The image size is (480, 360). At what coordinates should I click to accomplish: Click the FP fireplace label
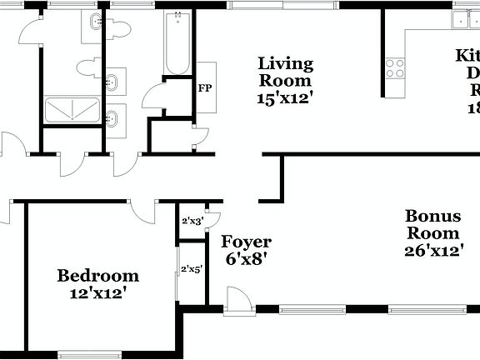pyautogui.click(x=203, y=86)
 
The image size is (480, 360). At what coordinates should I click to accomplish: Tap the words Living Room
pyautogui.click(x=285, y=72)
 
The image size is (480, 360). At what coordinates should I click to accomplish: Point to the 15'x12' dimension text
pyautogui.click(x=285, y=97)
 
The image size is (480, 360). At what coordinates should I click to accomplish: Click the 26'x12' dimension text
pyautogui.click(x=433, y=250)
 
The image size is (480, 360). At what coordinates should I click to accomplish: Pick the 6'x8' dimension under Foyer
pyautogui.click(x=245, y=259)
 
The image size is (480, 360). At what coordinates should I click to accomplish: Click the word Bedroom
pyautogui.click(x=97, y=276)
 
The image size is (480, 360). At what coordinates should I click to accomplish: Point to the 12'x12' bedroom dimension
pyautogui.click(x=97, y=293)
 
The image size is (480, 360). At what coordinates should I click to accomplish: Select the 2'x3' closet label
pyautogui.click(x=192, y=222)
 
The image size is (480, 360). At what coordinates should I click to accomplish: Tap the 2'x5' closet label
pyautogui.click(x=192, y=269)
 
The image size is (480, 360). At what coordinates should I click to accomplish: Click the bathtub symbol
pyautogui.click(x=176, y=43)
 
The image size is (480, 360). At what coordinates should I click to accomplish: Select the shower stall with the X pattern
pyautogui.click(x=72, y=111)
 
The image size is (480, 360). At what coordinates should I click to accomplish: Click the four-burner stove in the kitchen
pyautogui.click(x=394, y=68)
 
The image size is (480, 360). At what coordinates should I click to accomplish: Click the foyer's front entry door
pyautogui.click(x=239, y=300)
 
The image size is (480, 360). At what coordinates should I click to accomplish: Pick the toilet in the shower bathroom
pyautogui.click(x=87, y=67)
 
